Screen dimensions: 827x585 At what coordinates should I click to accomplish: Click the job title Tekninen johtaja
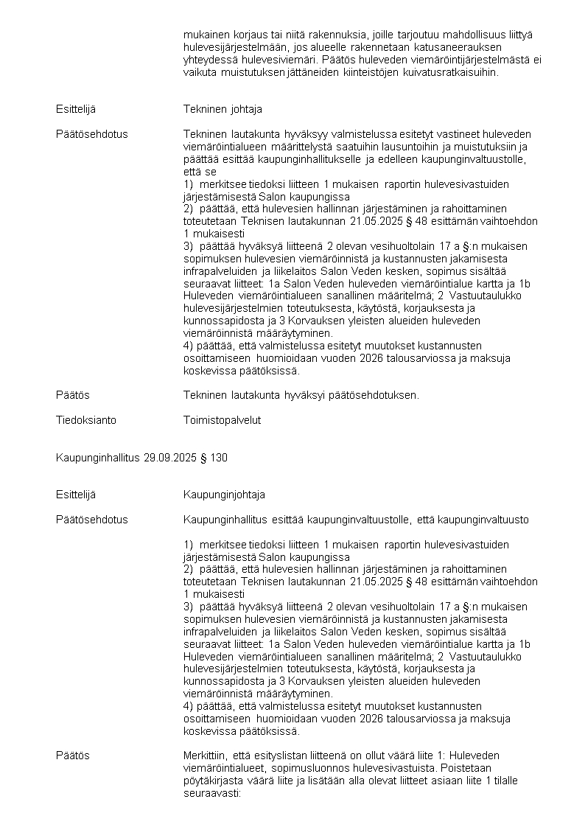pos(223,109)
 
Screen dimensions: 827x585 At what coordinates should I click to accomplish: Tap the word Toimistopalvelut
pos(222,420)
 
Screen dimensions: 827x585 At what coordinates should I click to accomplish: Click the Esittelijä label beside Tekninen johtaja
pos(75,109)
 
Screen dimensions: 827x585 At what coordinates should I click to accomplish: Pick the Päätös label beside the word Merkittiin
pos(72,756)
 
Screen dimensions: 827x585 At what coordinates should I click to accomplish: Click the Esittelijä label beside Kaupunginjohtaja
pos(75,495)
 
